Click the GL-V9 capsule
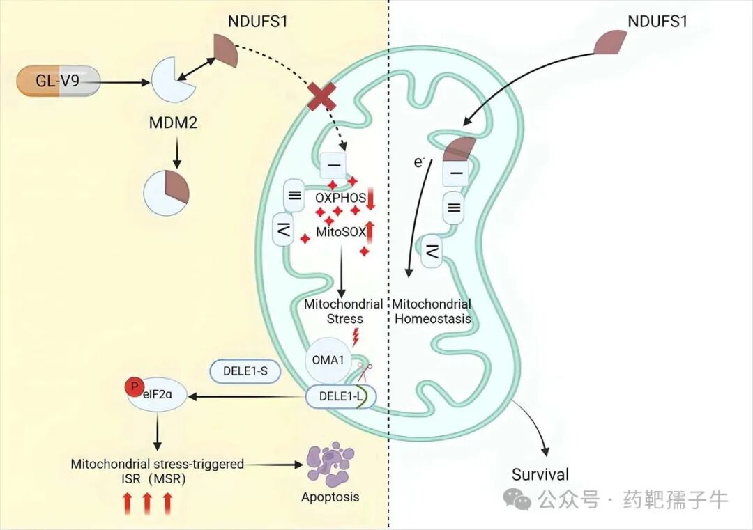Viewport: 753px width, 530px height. tap(56, 81)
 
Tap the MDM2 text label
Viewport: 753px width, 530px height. tap(174, 123)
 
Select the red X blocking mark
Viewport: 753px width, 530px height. tap(324, 97)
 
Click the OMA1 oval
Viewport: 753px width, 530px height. tap(326, 362)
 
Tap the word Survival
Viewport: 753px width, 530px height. tap(540, 476)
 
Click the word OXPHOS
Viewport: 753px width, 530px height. tap(340, 198)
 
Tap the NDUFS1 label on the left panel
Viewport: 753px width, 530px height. tap(258, 22)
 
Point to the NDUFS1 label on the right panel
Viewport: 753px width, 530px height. tap(657, 22)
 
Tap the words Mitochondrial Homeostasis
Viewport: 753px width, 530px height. tap(432, 311)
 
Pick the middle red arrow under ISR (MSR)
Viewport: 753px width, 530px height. tap(147, 502)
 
